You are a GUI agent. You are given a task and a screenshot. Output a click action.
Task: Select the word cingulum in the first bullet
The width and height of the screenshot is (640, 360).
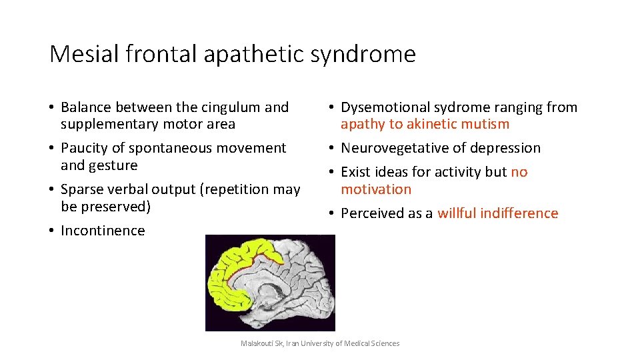229,107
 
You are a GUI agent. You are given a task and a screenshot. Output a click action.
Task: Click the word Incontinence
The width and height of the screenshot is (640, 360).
103,231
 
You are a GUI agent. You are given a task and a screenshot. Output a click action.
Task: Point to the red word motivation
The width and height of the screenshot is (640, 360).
376,189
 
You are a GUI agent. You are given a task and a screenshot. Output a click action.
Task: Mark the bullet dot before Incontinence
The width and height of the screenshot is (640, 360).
51,231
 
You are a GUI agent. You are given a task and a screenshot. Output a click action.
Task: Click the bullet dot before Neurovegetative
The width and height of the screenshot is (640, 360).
331,148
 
